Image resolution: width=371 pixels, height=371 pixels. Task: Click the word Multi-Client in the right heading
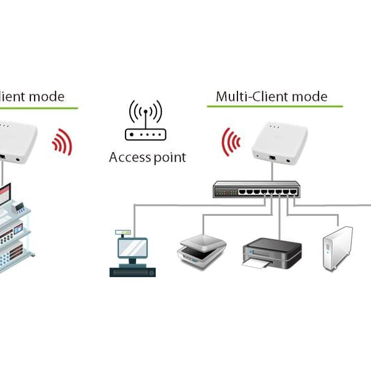250,96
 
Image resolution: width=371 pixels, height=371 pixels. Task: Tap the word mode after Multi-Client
307,96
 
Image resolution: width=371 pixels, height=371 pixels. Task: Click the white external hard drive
338,248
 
